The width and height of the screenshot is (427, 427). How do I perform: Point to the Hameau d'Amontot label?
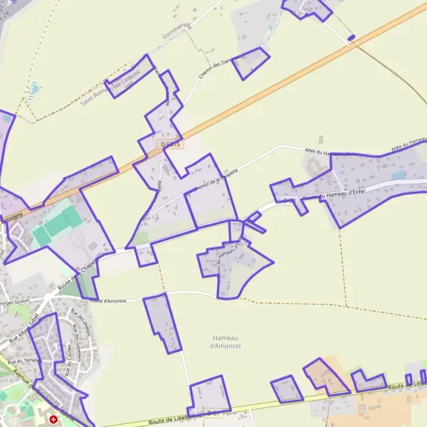(226, 342)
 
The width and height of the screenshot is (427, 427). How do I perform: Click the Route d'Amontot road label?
(111, 300)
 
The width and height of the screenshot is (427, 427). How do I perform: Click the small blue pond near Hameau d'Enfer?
(398, 174)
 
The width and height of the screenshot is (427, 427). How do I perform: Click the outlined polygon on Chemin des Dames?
(251, 63)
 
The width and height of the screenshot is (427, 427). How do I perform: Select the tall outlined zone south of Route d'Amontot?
(163, 322)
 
